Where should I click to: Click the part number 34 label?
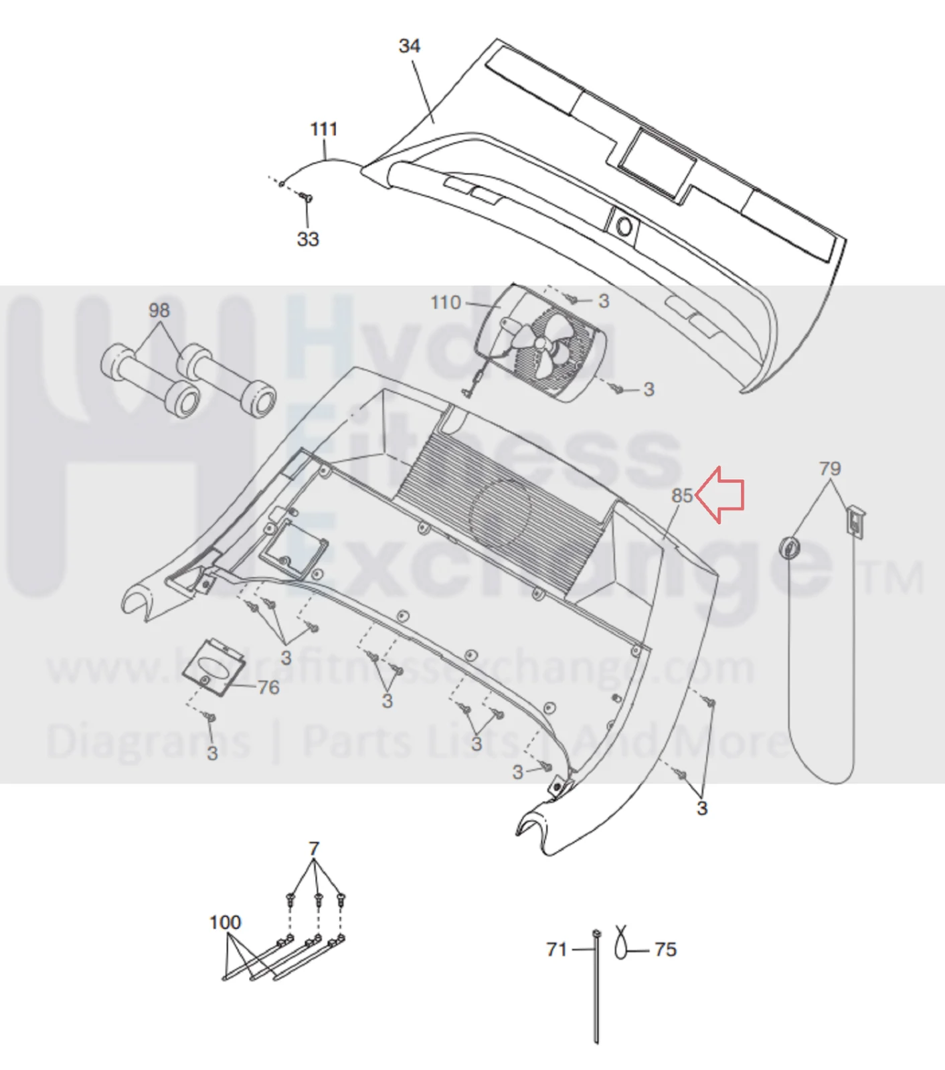pos(409,46)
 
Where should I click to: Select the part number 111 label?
pos(324,129)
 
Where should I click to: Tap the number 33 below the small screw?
pos(308,239)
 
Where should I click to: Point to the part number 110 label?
pos(446,303)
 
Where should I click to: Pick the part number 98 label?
pos(159,310)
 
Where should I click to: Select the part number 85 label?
pos(682,496)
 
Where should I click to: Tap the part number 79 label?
pos(830,468)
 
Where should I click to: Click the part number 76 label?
pos(268,687)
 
